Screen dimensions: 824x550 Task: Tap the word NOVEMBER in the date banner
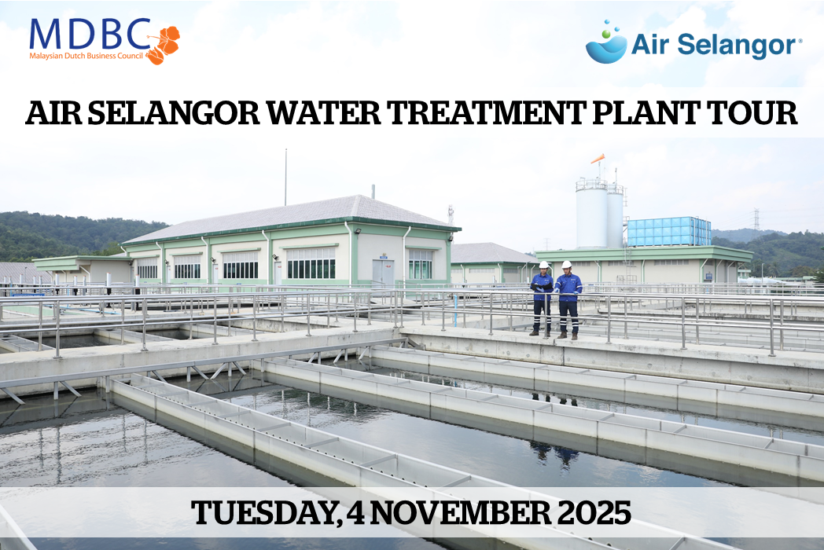point(459,513)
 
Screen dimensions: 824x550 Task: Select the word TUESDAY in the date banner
point(263,513)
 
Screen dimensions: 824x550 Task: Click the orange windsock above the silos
point(598,158)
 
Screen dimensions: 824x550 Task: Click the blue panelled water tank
point(669,232)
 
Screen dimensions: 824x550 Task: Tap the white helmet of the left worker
point(544,265)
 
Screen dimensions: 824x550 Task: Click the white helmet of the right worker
point(566,264)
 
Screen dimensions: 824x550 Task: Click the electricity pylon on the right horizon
point(756,219)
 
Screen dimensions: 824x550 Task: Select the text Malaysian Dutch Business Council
point(86,56)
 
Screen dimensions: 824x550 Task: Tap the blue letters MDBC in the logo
point(90,34)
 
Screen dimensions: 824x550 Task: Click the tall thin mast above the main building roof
point(286,177)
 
